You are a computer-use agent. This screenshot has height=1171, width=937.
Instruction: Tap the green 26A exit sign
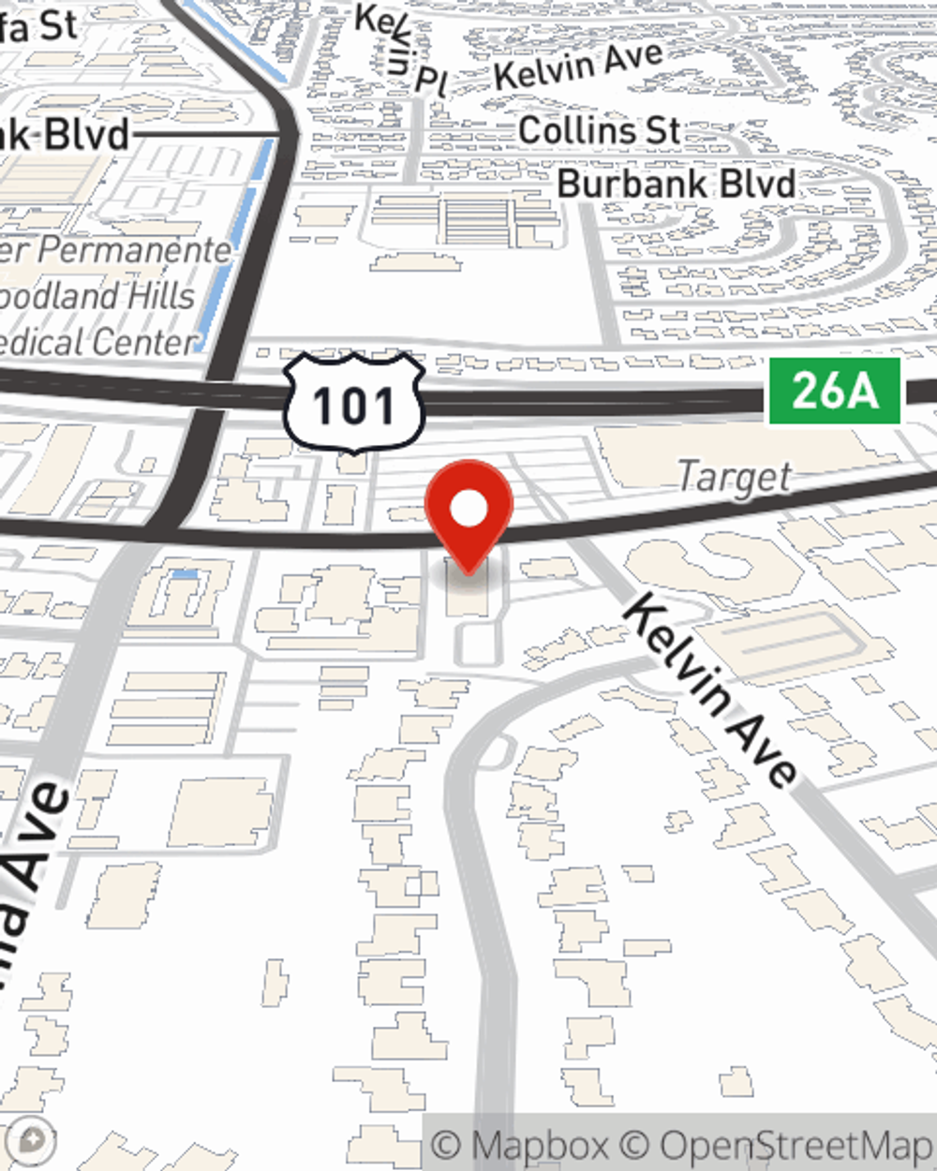[x=834, y=391]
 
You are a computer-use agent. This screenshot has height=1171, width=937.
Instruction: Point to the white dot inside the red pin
[x=468, y=511]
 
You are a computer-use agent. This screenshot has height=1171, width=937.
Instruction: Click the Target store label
[x=735, y=478]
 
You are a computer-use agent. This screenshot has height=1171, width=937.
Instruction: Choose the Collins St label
[x=600, y=130]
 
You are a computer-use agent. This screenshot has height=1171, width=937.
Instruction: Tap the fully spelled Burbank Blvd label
[x=677, y=184]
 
